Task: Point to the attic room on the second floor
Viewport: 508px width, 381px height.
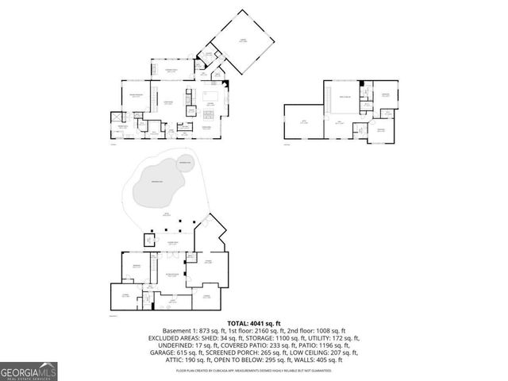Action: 302,121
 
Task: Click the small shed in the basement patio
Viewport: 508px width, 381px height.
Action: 149,239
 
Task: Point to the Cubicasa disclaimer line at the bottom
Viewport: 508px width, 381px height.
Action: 254,369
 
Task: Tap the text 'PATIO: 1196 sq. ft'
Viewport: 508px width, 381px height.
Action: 334,344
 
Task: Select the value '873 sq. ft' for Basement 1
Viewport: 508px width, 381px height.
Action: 209,330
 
